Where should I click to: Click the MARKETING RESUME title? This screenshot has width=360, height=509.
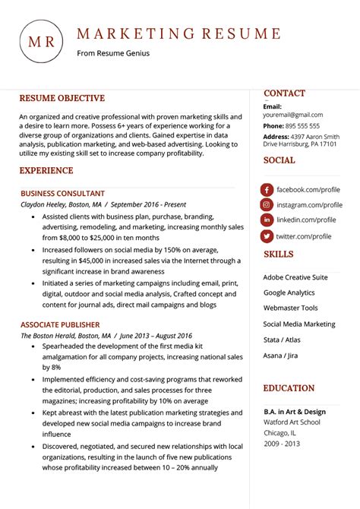pyautogui.click(x=178, y=33)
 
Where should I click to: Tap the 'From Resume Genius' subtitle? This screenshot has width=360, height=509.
pyautogui.click(x=113, y=53)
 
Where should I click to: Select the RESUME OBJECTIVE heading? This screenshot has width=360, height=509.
pyautogui.click(x=62, y=98)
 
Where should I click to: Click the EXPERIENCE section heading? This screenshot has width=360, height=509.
pyautogui.click(x=46, y=171)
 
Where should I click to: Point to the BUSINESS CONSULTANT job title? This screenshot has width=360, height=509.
pyautogui.click(x=63, y=194)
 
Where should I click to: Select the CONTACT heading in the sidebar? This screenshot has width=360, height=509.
pyautogui.click(x=284, y=93)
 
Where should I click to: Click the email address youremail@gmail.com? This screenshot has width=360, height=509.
pyautogui.click(x=293, y=115)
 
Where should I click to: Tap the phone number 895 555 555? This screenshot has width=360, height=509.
pyautogui.click(x=303, y=125)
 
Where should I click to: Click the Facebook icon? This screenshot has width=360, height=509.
pyautogui.click(x=267, y=189)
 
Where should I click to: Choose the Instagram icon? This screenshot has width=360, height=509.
pyautogui.click(x=267, y=205)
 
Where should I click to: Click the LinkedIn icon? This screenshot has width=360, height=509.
pyautogui.click(x=267, y=220)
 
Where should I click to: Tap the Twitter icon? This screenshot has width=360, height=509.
pyautogui.click(x=267, y=236)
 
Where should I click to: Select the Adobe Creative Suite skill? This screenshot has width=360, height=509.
pyautogui.click(x=295, y=277)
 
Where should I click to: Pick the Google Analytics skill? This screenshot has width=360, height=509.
pyautogui.click(x=289, y=292)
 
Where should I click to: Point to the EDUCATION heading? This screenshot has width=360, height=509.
pyautogui.click(x=289, y=388)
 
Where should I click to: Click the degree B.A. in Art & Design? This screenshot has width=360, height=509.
pyautogui.click(x=295, y=412)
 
